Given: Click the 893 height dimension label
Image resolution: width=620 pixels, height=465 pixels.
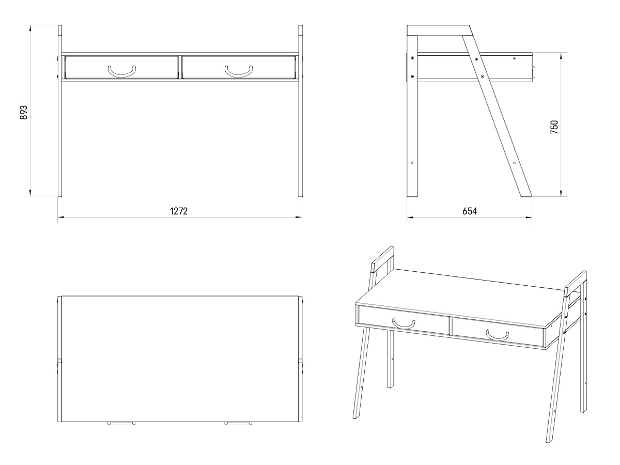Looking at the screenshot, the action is (x=24, y=112).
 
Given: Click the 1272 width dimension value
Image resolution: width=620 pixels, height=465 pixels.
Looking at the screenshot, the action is (x=179, y=211).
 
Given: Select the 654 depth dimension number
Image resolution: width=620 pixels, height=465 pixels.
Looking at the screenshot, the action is (x=470, y=211).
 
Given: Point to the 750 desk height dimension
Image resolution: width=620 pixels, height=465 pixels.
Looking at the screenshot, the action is (x=554, y=127).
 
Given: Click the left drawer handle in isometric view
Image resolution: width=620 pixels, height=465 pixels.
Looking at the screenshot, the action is (x=404, y=323).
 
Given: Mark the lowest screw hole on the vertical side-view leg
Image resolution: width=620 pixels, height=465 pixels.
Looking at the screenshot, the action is (x=412, y=163).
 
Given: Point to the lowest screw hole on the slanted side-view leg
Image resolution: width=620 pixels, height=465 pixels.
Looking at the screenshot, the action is (x=514, y=163).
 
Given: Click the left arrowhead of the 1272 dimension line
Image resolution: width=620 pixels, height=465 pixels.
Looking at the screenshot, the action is (x=61, y=218).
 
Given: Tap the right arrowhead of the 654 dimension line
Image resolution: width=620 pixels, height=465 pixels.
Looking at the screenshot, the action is (x=529, y=218).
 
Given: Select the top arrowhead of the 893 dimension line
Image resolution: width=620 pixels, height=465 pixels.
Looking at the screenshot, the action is (x=30, y=28).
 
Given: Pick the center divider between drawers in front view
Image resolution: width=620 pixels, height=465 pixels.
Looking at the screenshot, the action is (x=180, y=67).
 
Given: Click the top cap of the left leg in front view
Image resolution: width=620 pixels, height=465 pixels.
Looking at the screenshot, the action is (x=60, y=30).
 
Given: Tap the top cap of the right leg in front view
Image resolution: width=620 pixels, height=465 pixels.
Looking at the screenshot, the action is (x=301, y=30).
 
